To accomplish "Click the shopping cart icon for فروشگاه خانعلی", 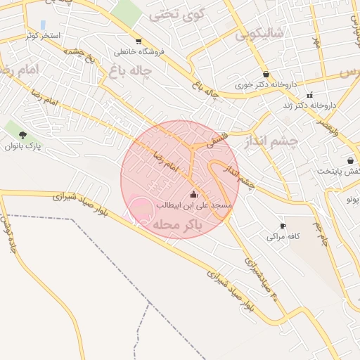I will pos(139,41).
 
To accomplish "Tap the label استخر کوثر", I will pos(44,35).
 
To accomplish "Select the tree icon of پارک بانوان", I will pos(23,134).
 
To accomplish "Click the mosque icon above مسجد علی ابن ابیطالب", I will pos(194,194).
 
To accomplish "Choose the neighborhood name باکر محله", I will pos(176,224).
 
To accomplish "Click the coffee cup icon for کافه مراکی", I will pos(283,226).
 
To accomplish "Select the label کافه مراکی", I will pos(283,237).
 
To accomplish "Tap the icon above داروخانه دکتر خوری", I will pos(266,74).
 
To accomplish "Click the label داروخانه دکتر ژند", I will pos(310,105).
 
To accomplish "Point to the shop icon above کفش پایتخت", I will pos(350,160).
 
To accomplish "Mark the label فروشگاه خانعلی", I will pos(132,52).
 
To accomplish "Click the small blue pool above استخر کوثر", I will pos(43,25).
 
